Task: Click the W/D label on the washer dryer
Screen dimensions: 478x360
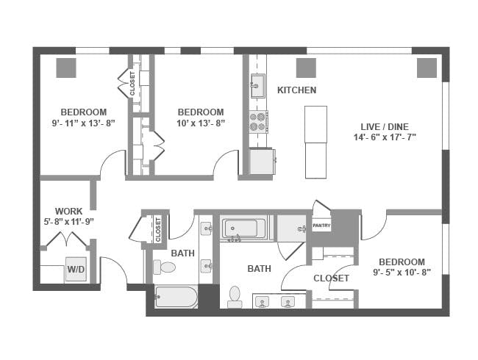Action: tap(76, 269)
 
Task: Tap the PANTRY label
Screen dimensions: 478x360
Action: tap(321, 226)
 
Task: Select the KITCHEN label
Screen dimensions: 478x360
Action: tap(296, 90)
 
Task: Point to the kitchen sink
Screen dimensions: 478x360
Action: tap(258, 86)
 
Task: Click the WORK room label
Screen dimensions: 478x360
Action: tap(68, 211)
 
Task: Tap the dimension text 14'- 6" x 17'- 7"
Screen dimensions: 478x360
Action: tap(385, 137)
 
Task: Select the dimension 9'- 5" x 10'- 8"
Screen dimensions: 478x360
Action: tap(402, 273)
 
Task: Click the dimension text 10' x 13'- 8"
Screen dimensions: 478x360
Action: tap(201, 123)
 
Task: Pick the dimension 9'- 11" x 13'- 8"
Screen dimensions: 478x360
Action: tap(84, 123)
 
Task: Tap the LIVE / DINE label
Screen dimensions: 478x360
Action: tap(385, 126)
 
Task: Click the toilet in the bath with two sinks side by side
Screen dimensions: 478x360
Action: tap(235, 297)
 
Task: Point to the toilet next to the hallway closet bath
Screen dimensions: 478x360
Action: tap(164, 267)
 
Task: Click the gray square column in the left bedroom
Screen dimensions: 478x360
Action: tap(66, 68)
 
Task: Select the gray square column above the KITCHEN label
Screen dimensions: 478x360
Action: tap(306, 68)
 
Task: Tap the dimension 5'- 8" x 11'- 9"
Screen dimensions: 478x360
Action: tap(68, 222)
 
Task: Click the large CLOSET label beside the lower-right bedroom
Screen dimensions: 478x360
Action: tap(331, 278)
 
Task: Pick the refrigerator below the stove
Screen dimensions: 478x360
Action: tap(262, 162)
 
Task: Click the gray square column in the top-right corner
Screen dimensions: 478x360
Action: tap(427, 68)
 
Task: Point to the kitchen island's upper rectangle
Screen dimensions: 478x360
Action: tap(315, 124)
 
